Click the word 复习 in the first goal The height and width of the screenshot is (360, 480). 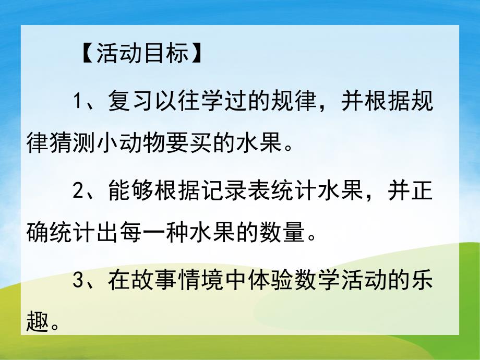click(129, 101)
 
